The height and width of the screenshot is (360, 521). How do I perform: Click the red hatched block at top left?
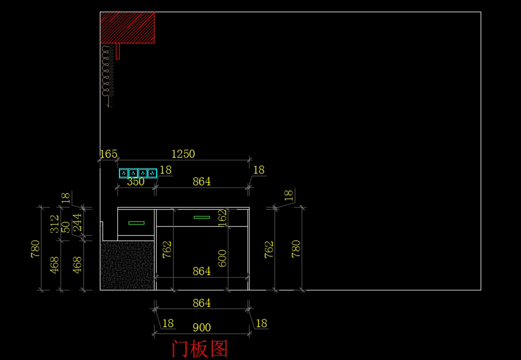coord(127,28)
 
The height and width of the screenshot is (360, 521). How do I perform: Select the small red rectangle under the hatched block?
coord(118,51)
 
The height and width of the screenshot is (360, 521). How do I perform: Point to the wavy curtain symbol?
coord(108,76)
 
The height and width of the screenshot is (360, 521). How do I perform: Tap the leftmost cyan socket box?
coord(124,173)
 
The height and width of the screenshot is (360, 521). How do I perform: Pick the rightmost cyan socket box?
coord(152,173)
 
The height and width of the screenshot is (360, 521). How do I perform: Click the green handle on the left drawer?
coord(136,223)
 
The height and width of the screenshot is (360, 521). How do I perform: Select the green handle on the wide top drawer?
coord(201,218)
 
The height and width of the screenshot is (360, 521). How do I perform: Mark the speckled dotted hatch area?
coord(127,265)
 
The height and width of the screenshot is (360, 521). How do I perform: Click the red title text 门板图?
coord(200,349)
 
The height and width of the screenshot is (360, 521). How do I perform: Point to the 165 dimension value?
coord(109,154)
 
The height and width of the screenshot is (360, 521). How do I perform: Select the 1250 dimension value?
coord(183,154)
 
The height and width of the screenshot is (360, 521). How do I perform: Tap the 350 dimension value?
coord(136,182)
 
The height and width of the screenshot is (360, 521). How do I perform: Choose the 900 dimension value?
coord(201,328)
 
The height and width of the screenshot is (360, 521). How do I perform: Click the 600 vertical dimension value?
coord(222,258)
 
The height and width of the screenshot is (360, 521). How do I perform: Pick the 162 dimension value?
coord(223,218)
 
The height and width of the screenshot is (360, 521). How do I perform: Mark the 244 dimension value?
coord(77,222)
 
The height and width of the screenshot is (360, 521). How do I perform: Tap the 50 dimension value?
coord(66,228)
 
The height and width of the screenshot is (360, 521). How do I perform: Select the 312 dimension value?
coord(54,224)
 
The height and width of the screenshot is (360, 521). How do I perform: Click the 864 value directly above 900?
coord(201,303)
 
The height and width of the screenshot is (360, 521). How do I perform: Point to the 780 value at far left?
coord(35,249)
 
